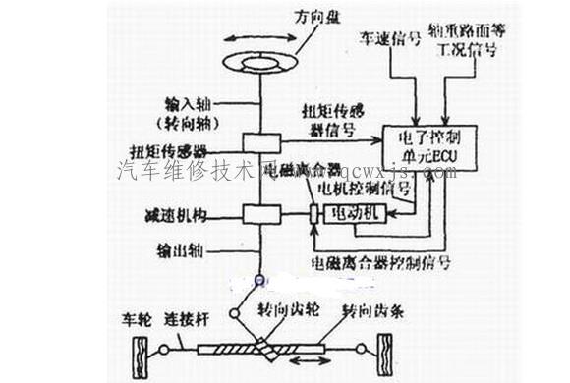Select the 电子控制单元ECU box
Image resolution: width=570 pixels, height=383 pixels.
click(432, 147)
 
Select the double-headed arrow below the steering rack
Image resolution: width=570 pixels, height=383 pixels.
click(309, 372)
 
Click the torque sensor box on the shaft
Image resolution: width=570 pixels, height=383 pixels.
click(261, 143)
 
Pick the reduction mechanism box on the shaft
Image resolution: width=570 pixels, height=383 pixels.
click(261, 213)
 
